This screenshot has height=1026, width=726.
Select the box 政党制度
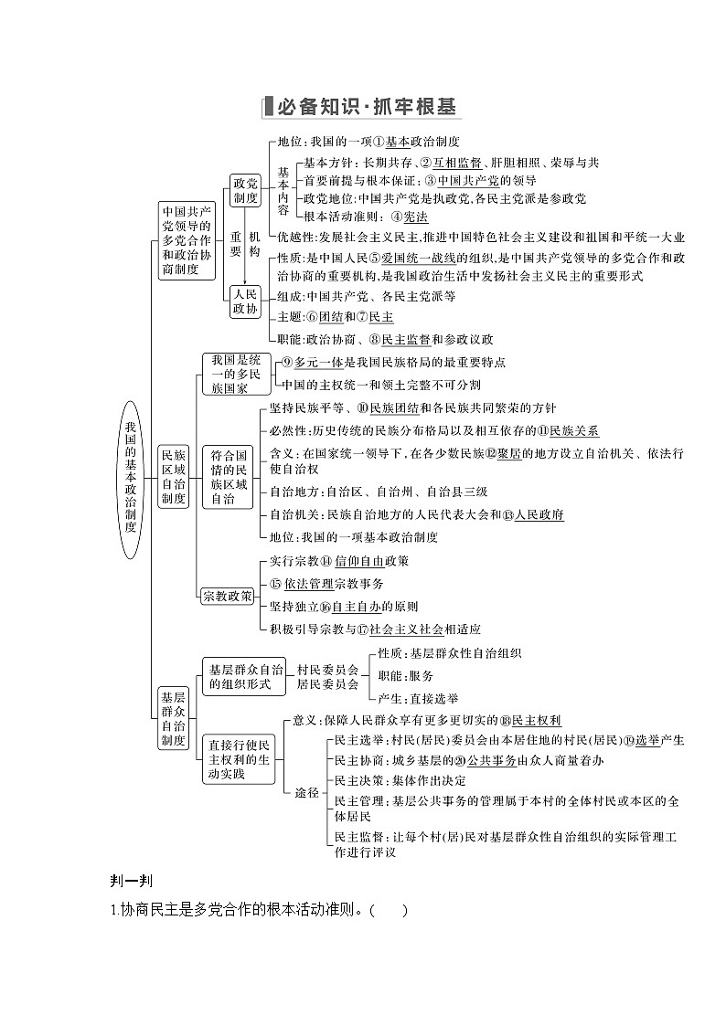(245, 189)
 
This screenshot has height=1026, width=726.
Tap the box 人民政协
(245, 301)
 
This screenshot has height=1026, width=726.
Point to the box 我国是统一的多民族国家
(229, 373)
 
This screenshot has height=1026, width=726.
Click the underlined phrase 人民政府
(539, 514)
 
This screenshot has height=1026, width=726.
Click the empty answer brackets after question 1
(389, 910)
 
